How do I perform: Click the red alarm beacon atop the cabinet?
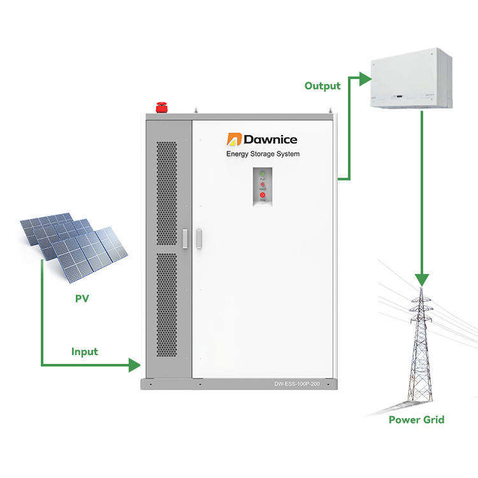161,107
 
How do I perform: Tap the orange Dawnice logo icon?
234,139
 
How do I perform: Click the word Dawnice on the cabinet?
270,139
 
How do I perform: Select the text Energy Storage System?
263,154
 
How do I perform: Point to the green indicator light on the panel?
262,173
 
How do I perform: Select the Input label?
85,351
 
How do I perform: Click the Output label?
322,85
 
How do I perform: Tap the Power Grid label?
416,419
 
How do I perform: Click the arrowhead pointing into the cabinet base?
134,365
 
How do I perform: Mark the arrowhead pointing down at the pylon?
421,279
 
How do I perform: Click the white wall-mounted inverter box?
411,79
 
